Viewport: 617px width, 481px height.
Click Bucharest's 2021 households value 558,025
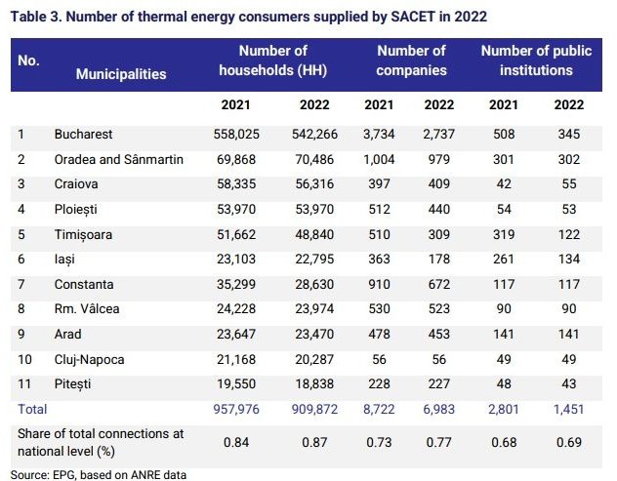click(236, 134)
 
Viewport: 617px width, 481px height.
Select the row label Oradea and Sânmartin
click(119, 159)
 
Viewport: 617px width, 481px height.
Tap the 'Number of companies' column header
click(411, 60)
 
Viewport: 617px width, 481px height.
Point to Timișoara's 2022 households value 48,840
click(314, 234)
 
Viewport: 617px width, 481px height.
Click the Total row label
click(32, 409)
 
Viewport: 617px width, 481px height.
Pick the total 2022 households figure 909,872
click(314, 409)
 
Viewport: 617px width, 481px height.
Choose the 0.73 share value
click(379, 442)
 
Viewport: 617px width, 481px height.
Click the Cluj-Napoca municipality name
click(89, 359)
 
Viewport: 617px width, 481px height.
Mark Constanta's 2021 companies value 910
click(379, 284)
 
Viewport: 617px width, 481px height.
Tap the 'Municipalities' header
click(121, 74)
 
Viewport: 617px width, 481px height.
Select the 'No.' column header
click(28, 60)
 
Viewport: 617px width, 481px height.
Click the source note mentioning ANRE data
click(99, 475)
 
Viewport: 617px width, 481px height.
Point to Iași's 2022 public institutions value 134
click(568, 259)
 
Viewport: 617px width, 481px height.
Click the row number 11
click(24, 383)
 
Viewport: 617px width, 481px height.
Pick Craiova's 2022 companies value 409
click(438, 183)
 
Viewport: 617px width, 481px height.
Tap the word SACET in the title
click(413, 17)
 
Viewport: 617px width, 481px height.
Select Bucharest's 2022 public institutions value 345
click(568, 134)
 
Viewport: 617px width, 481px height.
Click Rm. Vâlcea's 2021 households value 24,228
click(236, 308)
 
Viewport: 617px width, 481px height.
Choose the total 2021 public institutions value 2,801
click(504, 409)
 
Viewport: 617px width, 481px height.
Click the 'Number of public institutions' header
click(536, 60)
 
